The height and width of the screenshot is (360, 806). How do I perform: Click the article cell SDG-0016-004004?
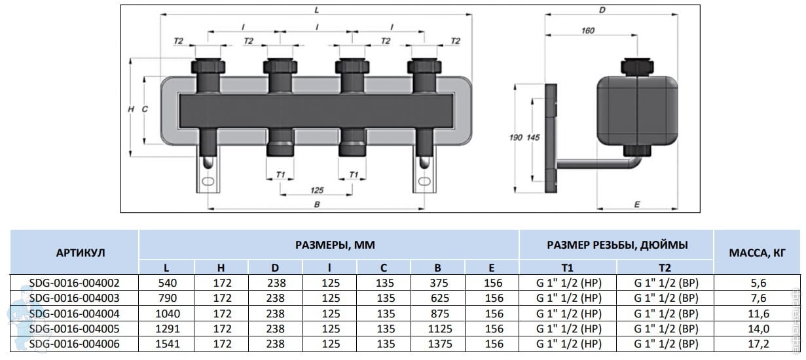pos(74,314)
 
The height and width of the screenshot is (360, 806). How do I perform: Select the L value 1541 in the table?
pos(168,344)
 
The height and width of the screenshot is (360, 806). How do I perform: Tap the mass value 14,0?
pos(758,329)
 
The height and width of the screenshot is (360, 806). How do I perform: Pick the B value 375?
pos(439,283)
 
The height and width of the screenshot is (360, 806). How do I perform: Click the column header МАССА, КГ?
pos(757,253)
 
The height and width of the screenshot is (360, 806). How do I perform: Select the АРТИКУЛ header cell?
pos(81,253)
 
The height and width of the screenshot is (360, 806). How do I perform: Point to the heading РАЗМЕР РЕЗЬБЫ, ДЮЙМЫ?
pos(617,245)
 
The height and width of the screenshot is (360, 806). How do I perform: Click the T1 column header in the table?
pos(567,268)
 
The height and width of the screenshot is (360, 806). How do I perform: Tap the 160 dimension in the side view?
pos(588,31)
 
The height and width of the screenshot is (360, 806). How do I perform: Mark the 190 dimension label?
pos(516,137)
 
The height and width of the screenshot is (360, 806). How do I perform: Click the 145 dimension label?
pos(533,137)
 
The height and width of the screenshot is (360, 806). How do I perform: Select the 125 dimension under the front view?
pos(317,190)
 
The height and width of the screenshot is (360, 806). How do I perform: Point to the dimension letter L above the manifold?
pos(317,10)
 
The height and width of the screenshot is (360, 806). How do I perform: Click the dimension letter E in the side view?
pos(637,204)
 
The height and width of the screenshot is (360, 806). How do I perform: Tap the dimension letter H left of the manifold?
pos(131,109)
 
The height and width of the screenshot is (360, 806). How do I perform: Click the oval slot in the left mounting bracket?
pos(208,181)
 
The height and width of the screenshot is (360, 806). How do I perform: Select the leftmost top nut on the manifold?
pos(208,66)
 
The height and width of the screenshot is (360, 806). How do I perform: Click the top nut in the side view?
pos(637,67)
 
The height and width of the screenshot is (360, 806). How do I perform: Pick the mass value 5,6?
pos(758,283)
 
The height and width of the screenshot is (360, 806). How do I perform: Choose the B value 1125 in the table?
pos(440,329)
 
